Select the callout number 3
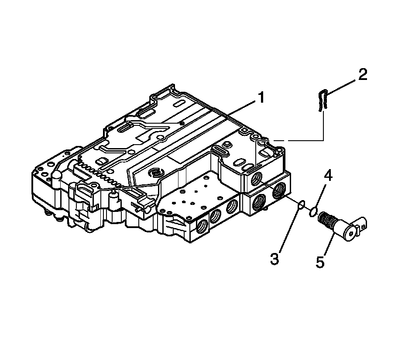274,259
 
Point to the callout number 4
328,177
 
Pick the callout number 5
320,263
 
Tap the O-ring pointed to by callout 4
313,212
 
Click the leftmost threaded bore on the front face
202,226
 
